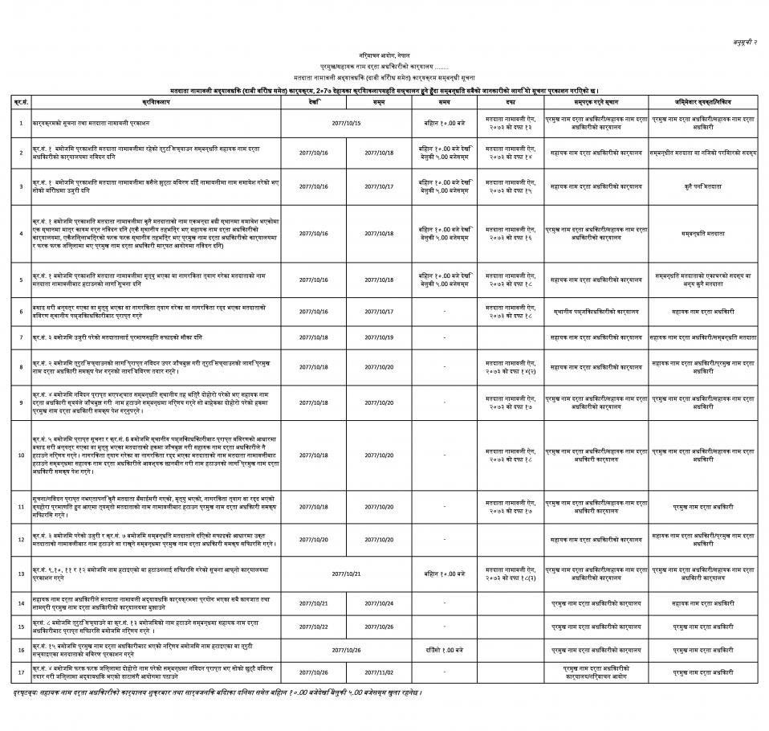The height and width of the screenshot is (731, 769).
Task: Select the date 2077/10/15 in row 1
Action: (x=346, y=123)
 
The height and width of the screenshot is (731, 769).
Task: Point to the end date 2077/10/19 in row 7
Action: (x=379, y=337)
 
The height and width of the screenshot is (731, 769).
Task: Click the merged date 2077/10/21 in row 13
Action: (x=346, y=574)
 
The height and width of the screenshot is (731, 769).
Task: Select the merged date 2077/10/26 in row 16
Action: (x=346, y=647)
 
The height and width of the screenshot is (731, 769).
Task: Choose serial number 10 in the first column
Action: (x=21, y=455)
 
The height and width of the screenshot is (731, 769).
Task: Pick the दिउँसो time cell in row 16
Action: (x=445, y=647)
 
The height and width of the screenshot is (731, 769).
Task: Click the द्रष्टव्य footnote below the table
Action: (x=217, y=692)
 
